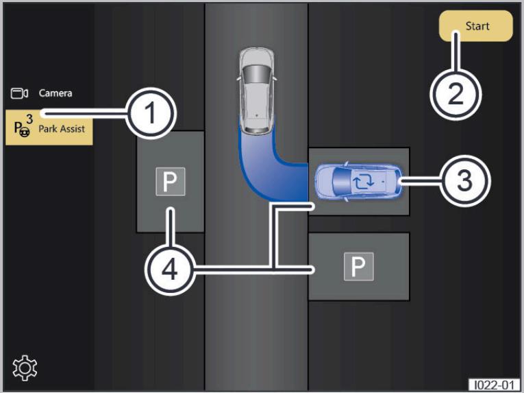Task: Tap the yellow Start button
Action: tap(475, 26)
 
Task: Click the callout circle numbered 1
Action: tap(151, 113)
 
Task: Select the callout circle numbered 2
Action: tap(456, 95)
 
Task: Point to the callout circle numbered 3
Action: tap(465, 181)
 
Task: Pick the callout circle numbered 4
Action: tap(170, 270)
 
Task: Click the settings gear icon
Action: tap(25, 368)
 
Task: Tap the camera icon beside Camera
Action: tap(19, 93)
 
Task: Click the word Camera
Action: tap(55, 93)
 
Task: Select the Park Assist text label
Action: tap(62, 129)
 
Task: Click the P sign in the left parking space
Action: tap(171, 182)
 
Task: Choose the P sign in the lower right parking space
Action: tap(358, 267)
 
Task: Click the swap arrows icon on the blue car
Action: tap(363, 182)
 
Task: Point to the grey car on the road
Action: tap(257, 91)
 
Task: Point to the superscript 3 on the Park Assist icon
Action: tap(29, 119)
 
